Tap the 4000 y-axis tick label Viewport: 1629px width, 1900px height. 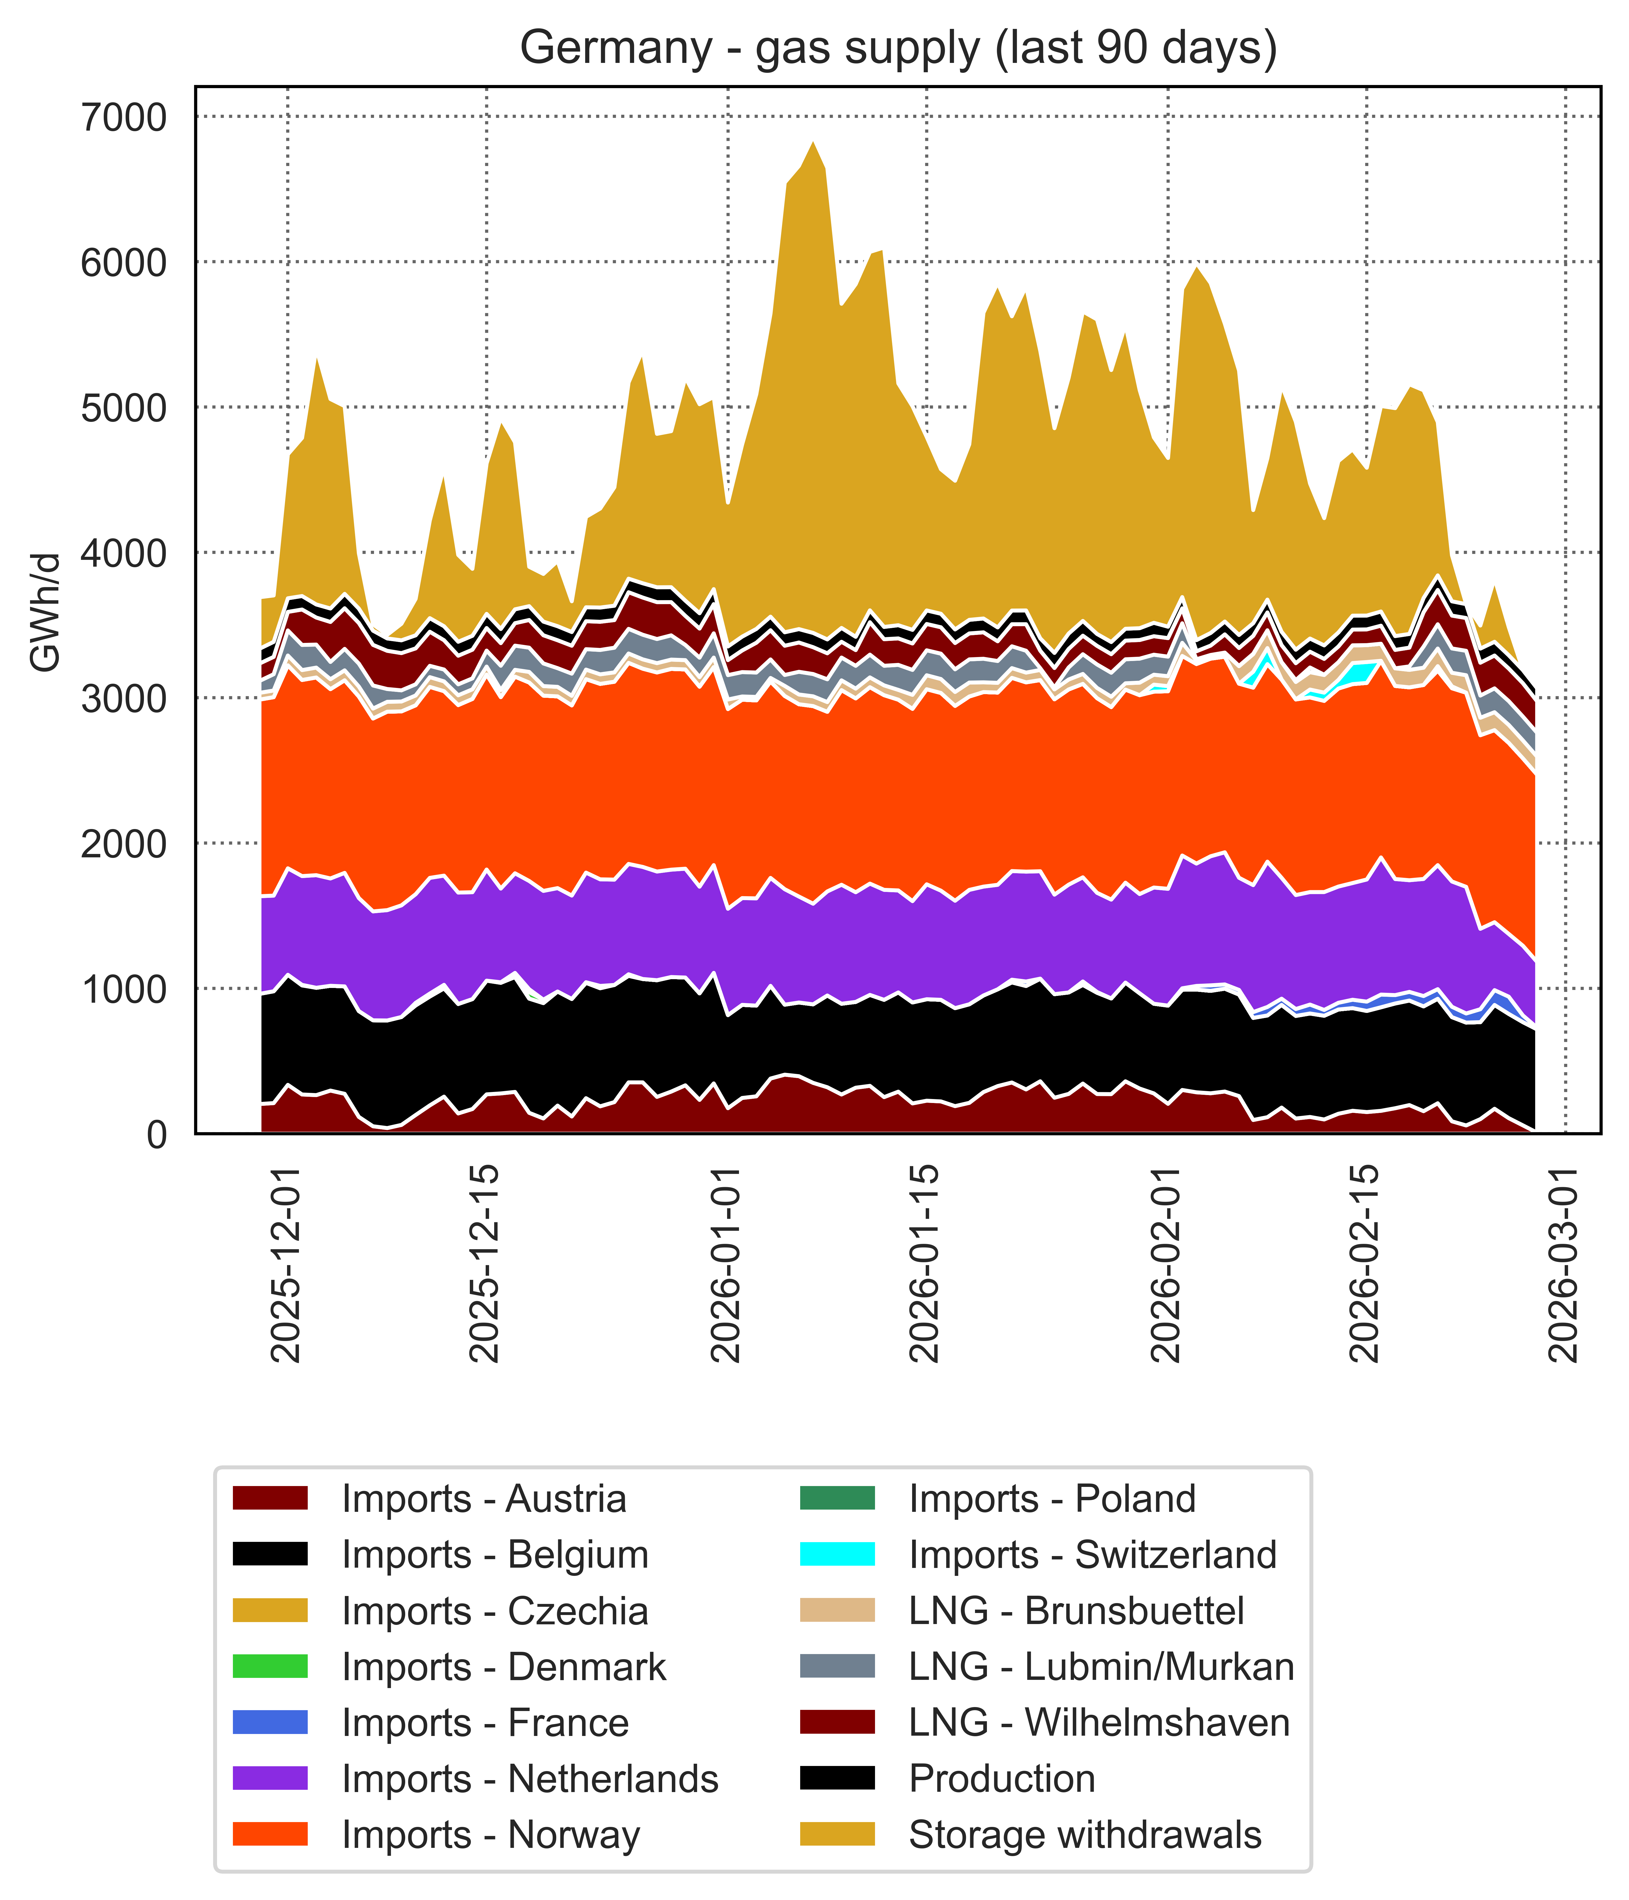(124, 553)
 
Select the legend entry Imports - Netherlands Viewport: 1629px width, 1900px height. (529, 1779)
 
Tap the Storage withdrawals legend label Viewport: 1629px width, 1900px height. (1085, 1835)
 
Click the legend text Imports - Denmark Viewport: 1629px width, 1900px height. (504, 1667)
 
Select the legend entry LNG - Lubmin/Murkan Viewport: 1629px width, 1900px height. (1101, 1667)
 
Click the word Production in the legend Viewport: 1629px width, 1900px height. (1002, 1779)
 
